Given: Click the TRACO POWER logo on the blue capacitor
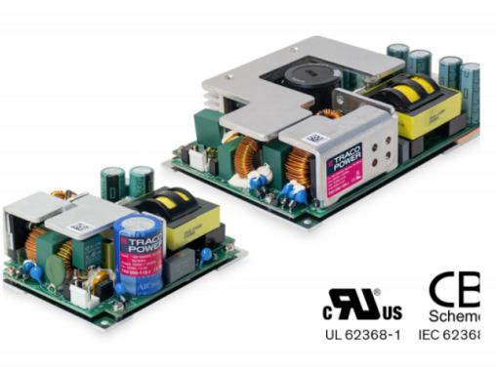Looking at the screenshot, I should (147, 235).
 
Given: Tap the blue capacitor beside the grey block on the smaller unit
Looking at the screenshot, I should (206, 255).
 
